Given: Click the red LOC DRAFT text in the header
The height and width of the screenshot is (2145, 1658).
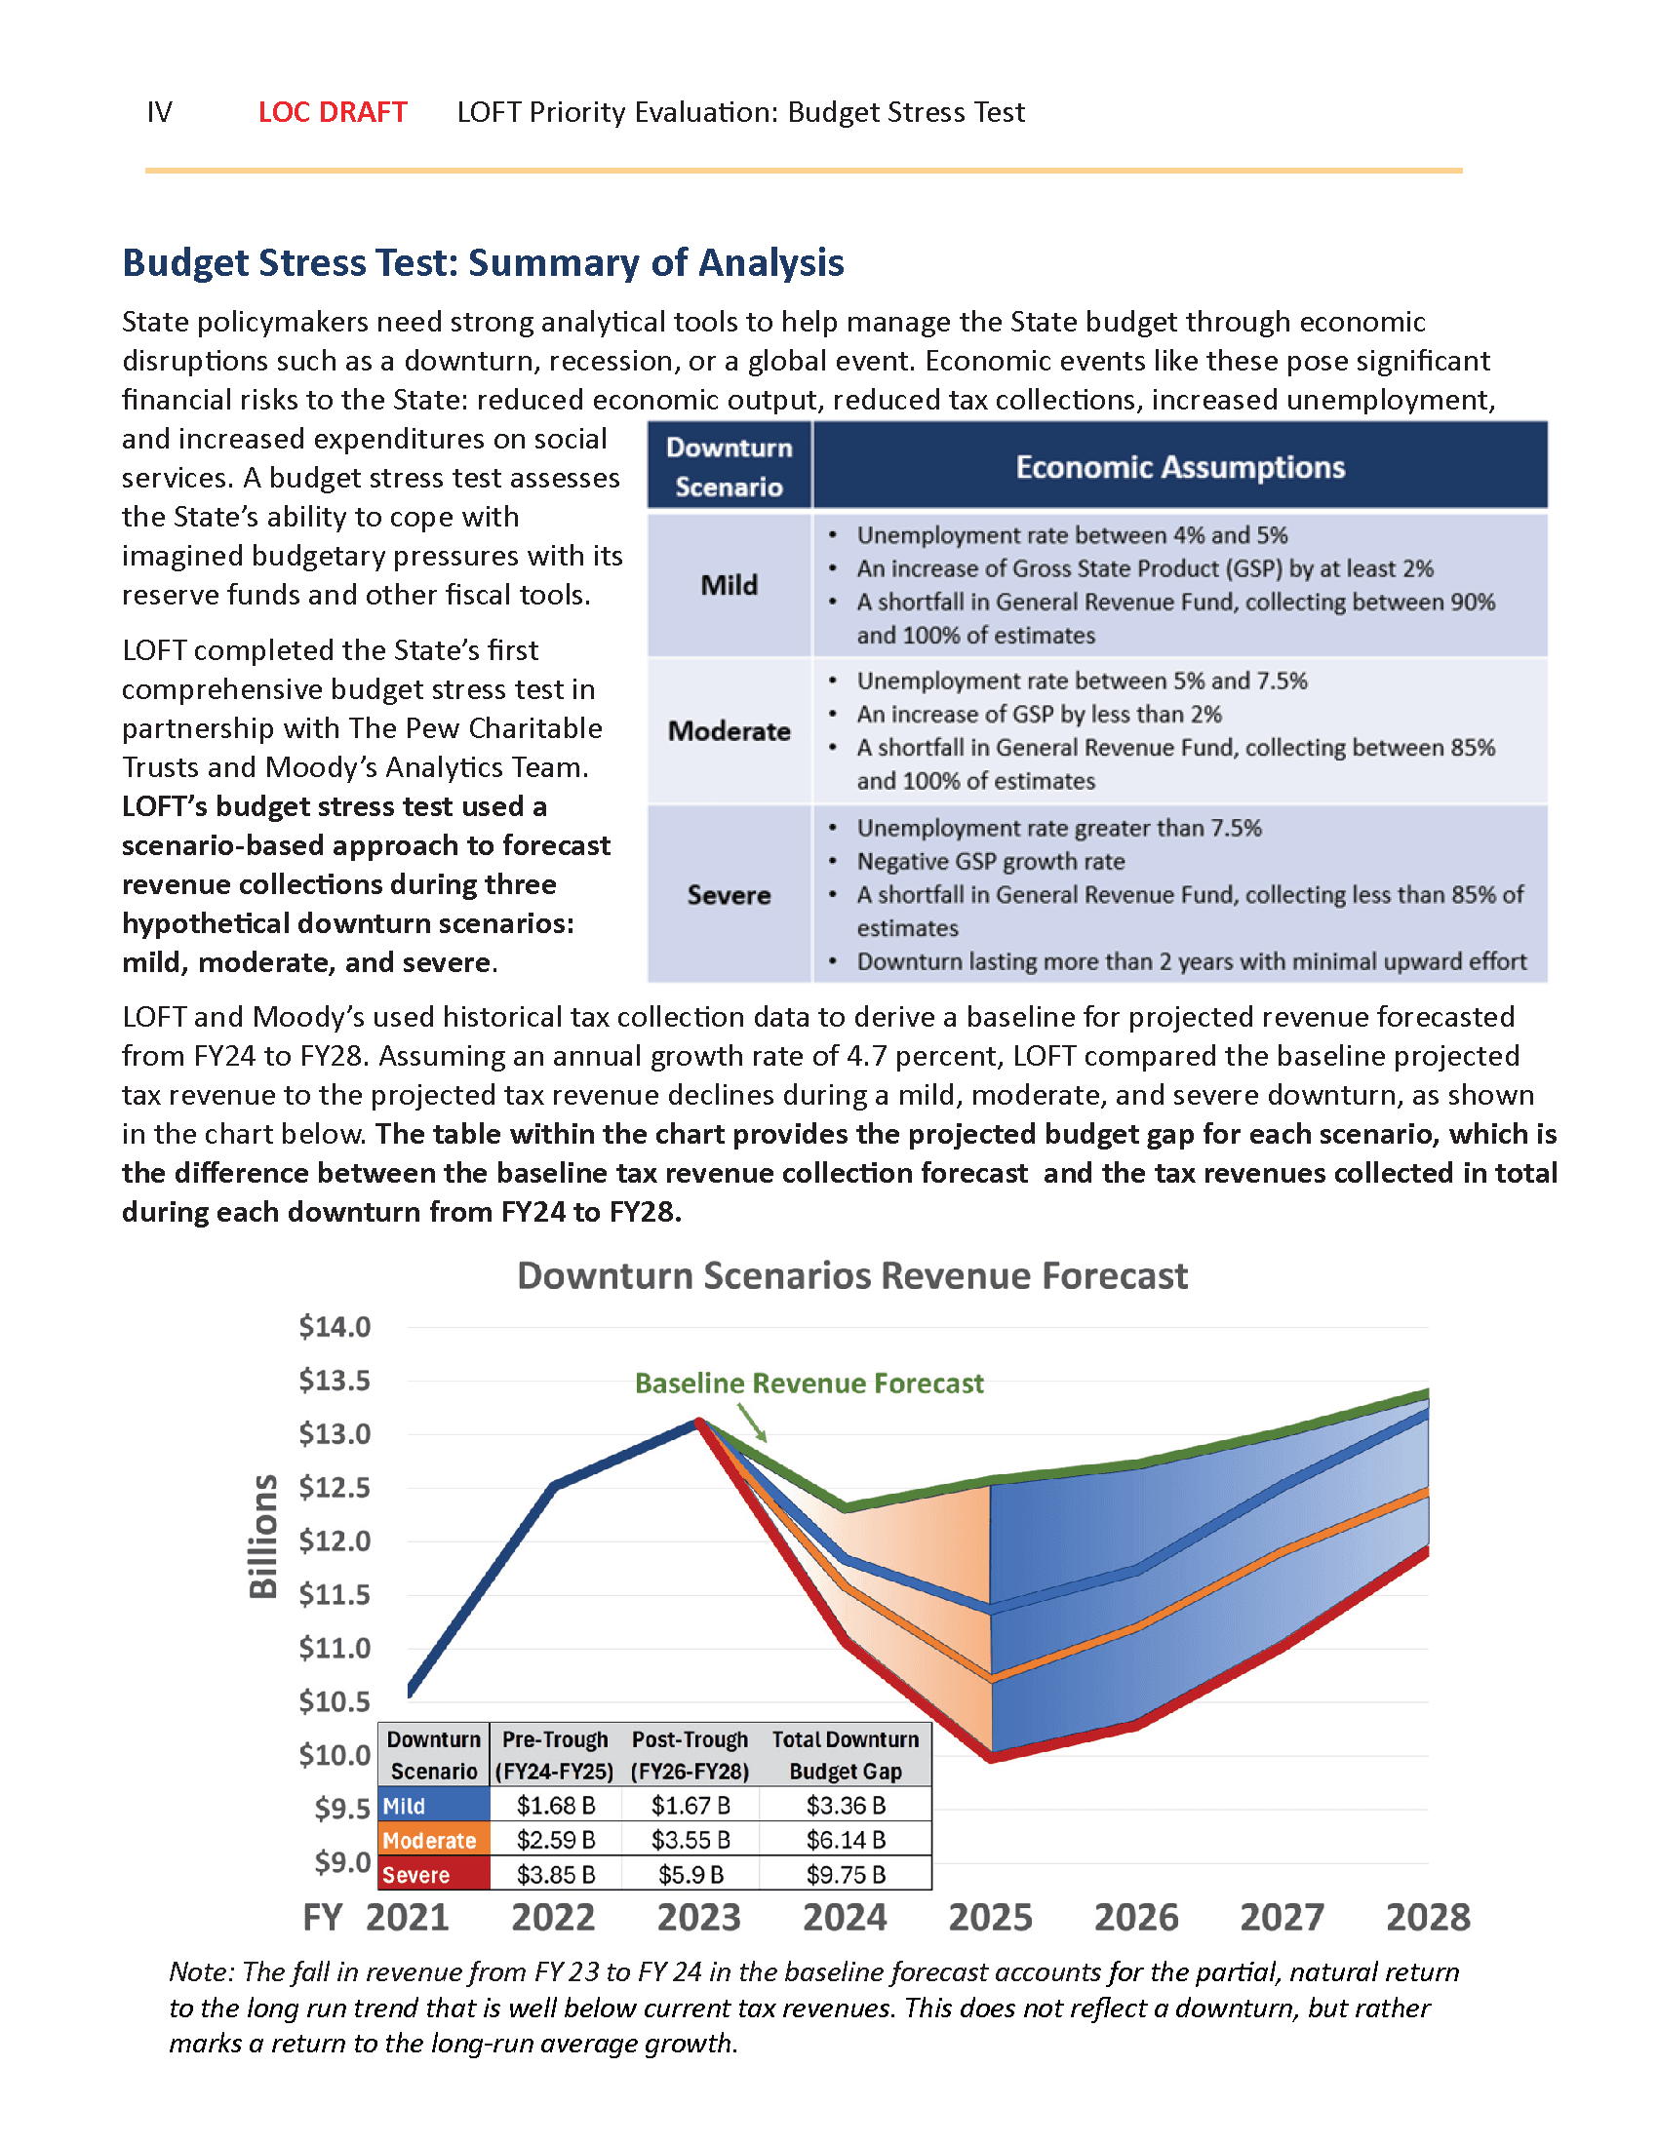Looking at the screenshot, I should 332,112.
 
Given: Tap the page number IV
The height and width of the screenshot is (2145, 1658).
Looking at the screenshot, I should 159,112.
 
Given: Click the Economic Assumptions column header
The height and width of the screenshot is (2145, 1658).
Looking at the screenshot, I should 1179,466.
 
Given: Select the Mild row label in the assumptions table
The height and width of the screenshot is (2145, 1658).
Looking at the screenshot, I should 729,585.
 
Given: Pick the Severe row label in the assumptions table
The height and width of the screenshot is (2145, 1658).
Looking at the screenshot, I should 729,895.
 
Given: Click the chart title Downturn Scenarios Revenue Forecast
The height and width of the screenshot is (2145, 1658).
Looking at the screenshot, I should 851,1275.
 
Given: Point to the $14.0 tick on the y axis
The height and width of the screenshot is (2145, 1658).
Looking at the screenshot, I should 335,1327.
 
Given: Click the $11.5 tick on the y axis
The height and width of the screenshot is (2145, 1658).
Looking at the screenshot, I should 335,1594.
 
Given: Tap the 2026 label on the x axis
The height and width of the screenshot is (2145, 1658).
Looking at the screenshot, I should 1135,1917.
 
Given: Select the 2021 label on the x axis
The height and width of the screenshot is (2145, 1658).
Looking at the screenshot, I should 407,1917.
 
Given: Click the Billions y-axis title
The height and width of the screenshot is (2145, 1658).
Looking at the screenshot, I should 263,1537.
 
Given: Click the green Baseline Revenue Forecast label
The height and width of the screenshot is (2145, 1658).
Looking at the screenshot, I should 809,1383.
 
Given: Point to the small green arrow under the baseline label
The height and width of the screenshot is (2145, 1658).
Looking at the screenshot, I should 752,1423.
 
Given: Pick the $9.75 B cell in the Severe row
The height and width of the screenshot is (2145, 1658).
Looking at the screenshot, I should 846,1875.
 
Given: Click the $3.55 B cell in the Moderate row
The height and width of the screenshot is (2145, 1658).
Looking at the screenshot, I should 691,1840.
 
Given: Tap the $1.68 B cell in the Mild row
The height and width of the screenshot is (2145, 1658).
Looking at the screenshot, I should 556,1805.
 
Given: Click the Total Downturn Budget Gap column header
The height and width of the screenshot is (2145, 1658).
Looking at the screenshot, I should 846,1755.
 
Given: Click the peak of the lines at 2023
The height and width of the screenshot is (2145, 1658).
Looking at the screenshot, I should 698,1422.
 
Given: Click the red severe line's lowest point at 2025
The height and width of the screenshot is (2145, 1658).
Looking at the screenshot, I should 992,1756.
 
